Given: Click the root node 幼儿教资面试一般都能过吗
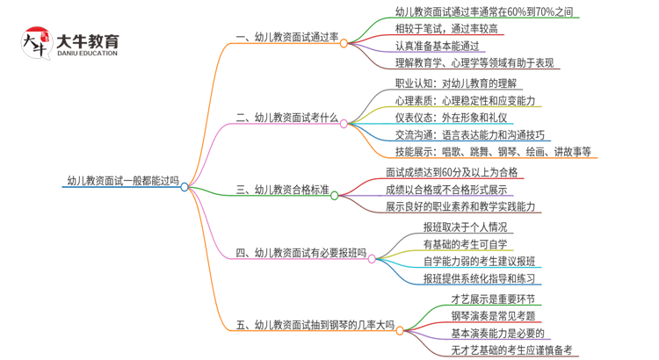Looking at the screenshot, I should [122, 182].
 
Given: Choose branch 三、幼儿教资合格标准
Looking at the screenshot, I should [283, 188].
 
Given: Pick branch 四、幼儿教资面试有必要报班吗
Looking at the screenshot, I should [301, 254].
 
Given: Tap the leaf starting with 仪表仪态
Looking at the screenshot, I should [452, 118].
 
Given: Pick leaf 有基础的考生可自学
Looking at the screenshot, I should [465, 243].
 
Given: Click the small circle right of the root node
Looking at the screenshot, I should [185, 186].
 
